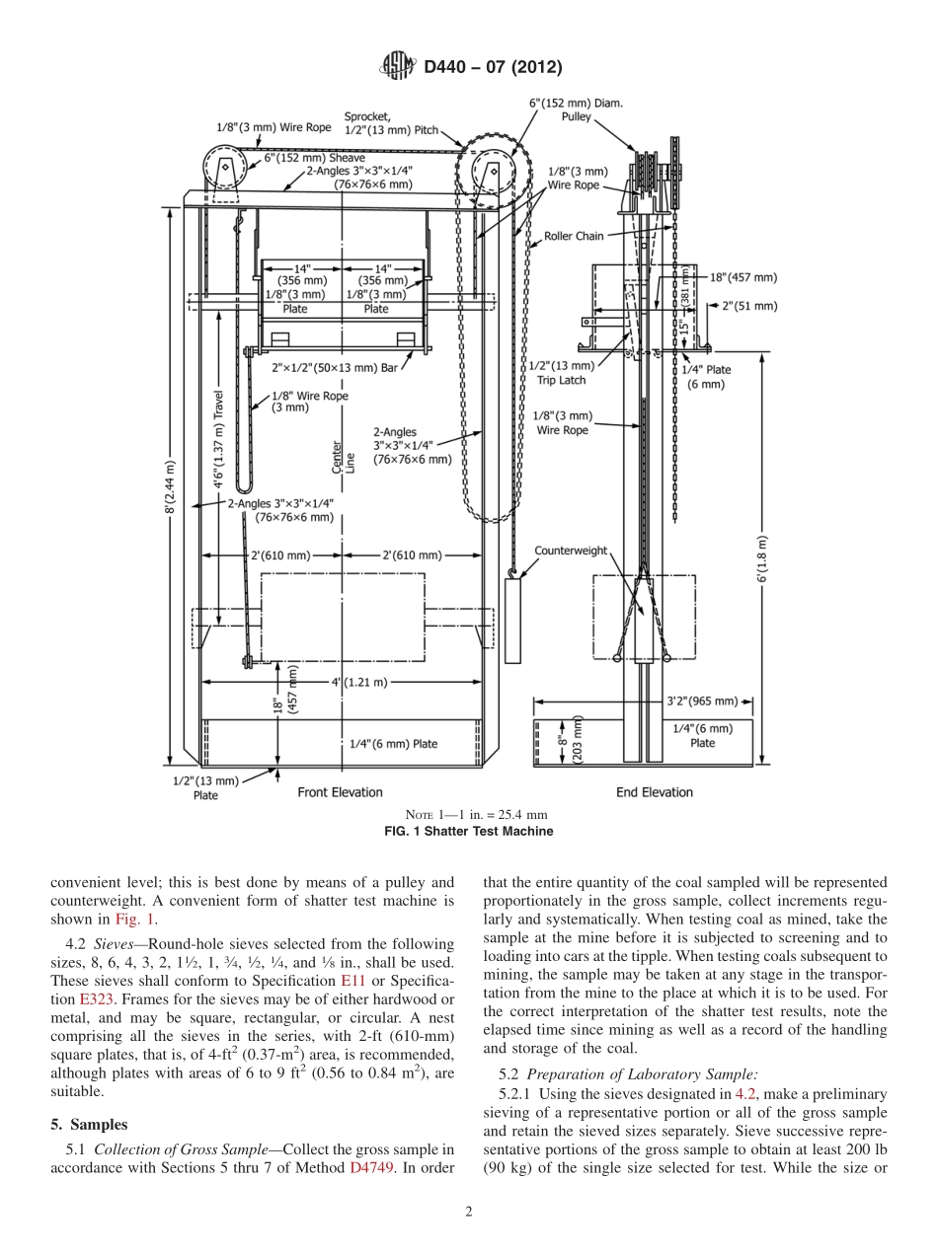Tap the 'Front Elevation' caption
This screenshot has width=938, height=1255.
click(x=340, y=792)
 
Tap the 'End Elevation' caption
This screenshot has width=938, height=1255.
click(x=654, y=792)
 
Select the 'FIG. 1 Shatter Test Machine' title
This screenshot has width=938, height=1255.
click(x=468, y=831)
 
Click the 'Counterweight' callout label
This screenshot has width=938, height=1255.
click(x=570, y=551)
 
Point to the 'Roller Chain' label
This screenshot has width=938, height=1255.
click(x=574, y=237)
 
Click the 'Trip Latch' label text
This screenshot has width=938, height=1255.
click(x=561, y=379)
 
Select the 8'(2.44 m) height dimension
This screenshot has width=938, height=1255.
click(x=171, y=487)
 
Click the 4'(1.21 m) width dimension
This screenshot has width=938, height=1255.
click(x=358, y=682)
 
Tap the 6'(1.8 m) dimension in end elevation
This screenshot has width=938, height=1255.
click(x=763, y=559)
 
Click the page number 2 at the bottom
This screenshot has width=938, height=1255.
click(x=469, y=1213)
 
